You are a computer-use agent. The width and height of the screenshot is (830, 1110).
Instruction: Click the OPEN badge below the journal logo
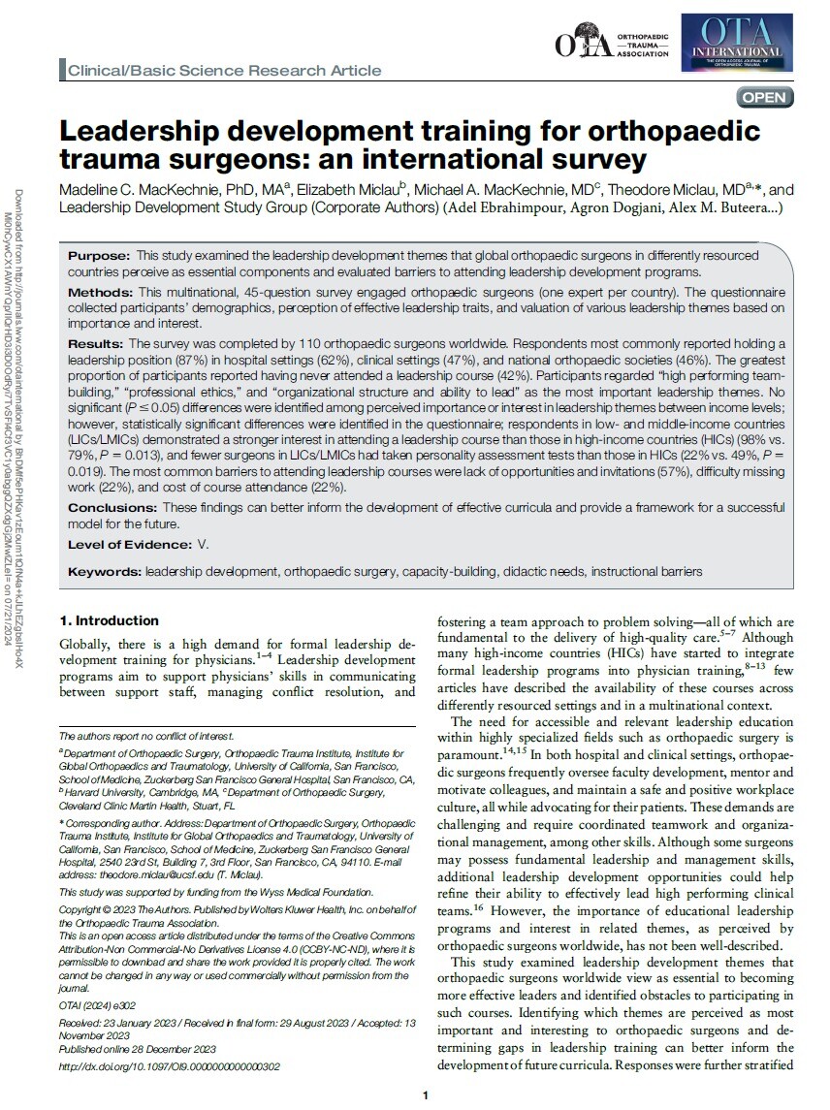point(766,97)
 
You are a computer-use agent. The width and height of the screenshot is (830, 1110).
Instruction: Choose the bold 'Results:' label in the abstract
point(97,343)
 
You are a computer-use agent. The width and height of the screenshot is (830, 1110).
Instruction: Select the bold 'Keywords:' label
point(104,572)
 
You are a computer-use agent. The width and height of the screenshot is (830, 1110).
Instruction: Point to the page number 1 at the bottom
point(426,1095)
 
